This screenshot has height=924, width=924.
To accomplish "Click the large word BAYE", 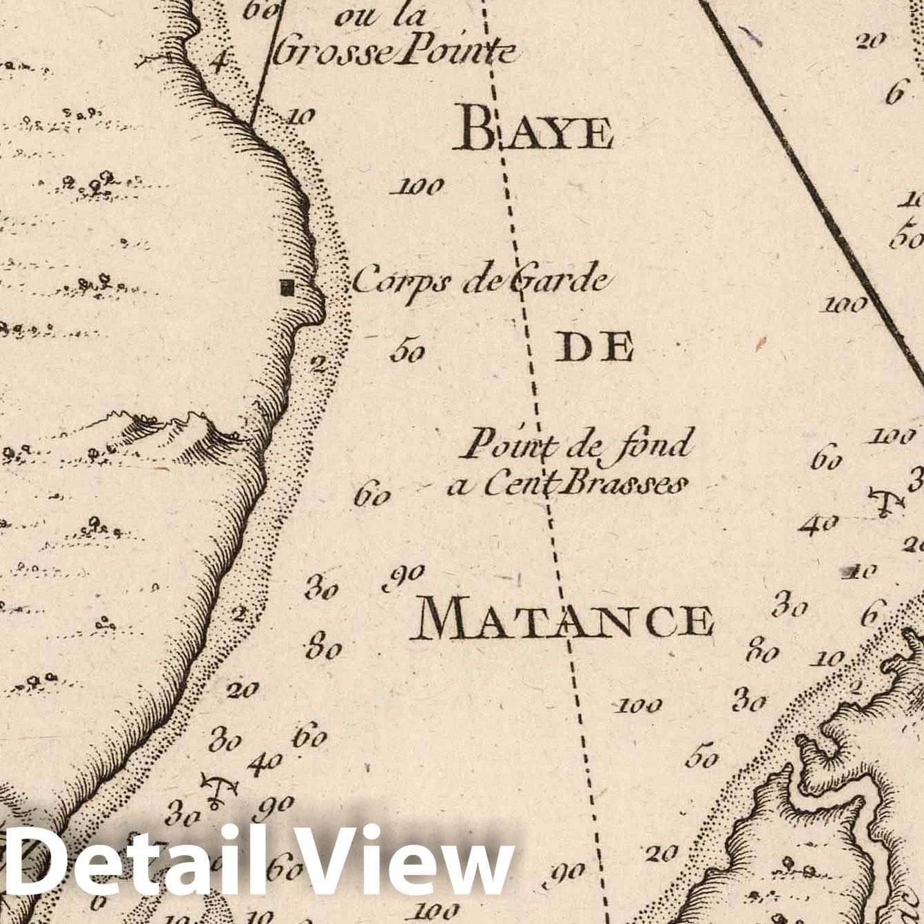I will (x=533, y=130).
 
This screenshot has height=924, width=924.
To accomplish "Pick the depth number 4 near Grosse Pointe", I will (x=218, y=64).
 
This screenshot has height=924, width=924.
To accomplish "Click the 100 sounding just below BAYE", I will (x=418, y=185).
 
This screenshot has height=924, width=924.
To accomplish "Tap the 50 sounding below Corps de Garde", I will (x=407, y=351).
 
